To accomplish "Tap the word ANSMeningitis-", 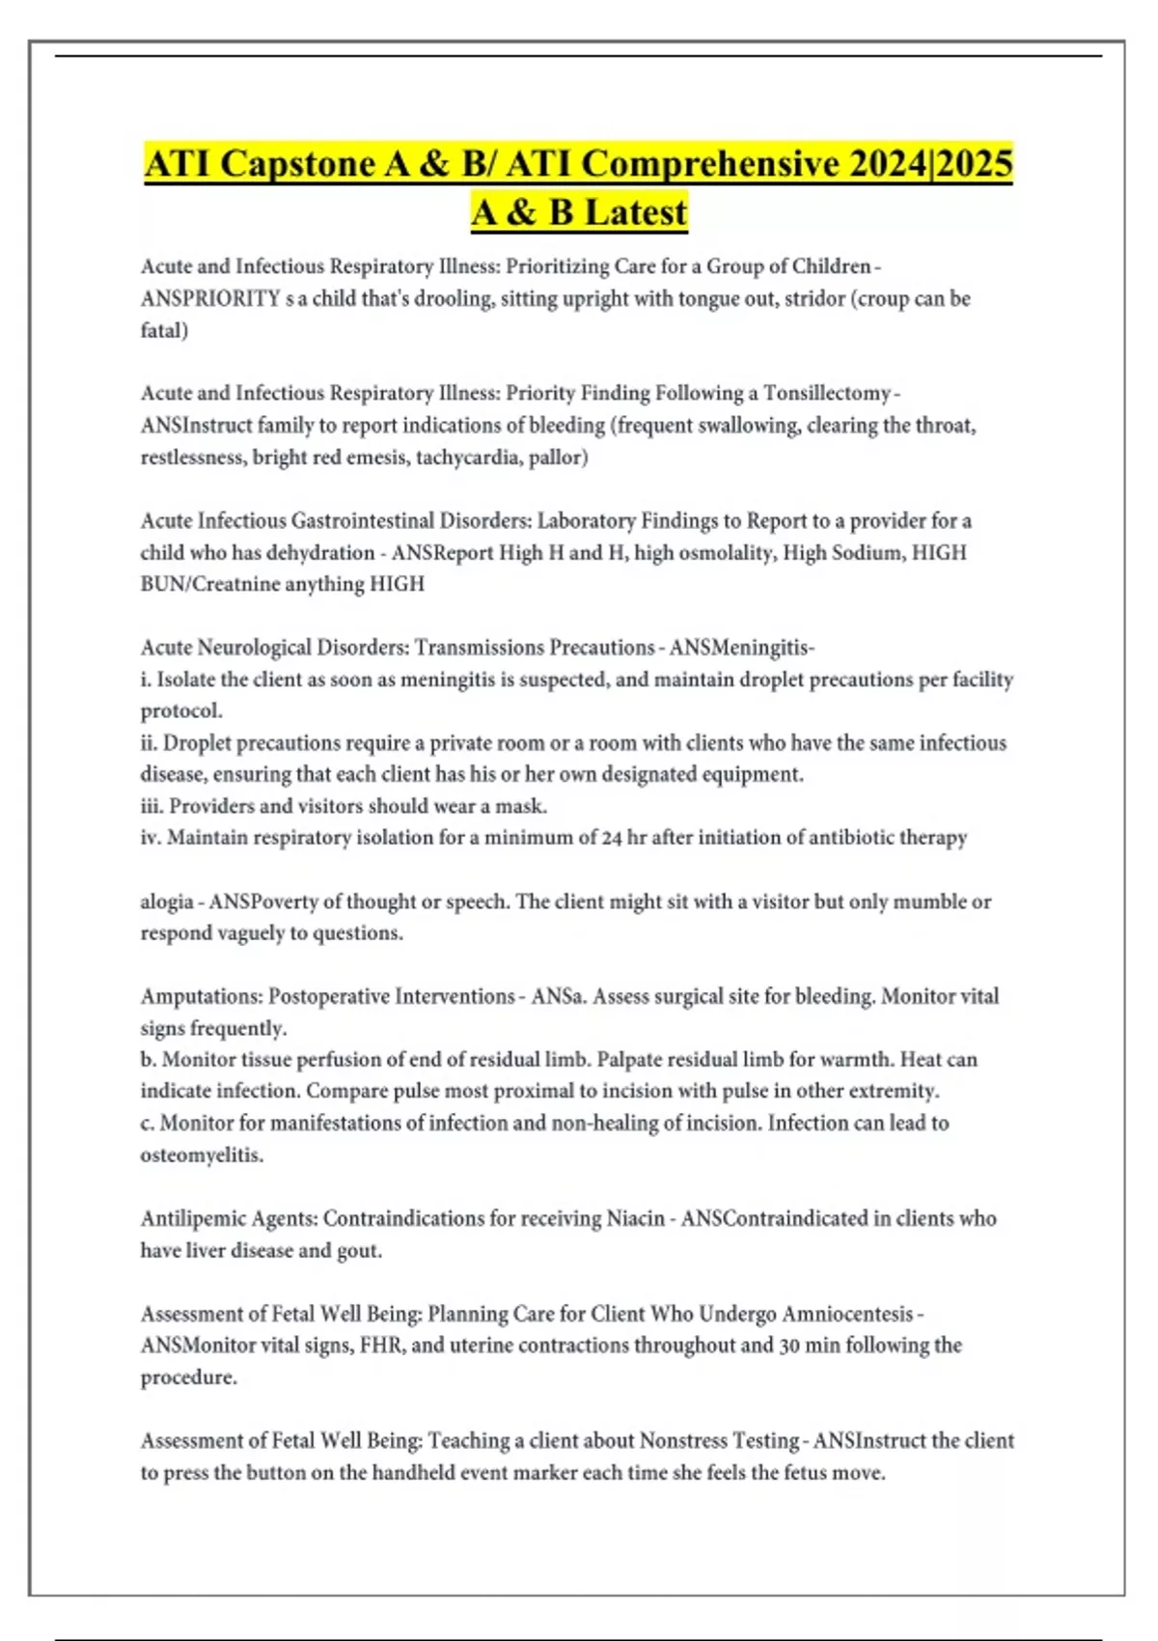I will (742, 647).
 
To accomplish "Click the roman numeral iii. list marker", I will (152, 806).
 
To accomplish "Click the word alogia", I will (166, 902).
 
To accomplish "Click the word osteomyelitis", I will (202, 1154).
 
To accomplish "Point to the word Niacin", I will (635, 1218).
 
